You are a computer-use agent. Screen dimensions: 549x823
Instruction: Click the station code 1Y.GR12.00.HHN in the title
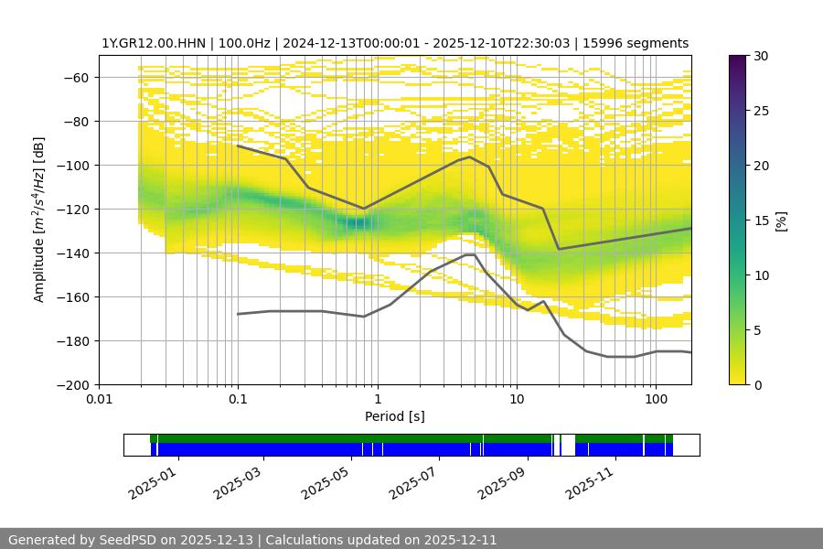pos(155,43)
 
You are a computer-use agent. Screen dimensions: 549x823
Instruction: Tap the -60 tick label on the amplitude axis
pos(74,77)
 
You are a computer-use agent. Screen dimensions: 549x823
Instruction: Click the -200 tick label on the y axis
pos(70,384)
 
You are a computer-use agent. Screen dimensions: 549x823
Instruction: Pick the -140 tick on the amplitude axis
pos(70,253)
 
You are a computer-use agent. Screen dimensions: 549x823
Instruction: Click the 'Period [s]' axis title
pos(394,416)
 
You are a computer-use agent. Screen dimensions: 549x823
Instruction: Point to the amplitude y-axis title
pos(39,220)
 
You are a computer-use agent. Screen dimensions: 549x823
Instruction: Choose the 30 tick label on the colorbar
pos(762,56)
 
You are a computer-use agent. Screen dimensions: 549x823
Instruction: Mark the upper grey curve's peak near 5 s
pos(469,156)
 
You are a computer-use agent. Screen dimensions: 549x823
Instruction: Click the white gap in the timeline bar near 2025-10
pos(568,445)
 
